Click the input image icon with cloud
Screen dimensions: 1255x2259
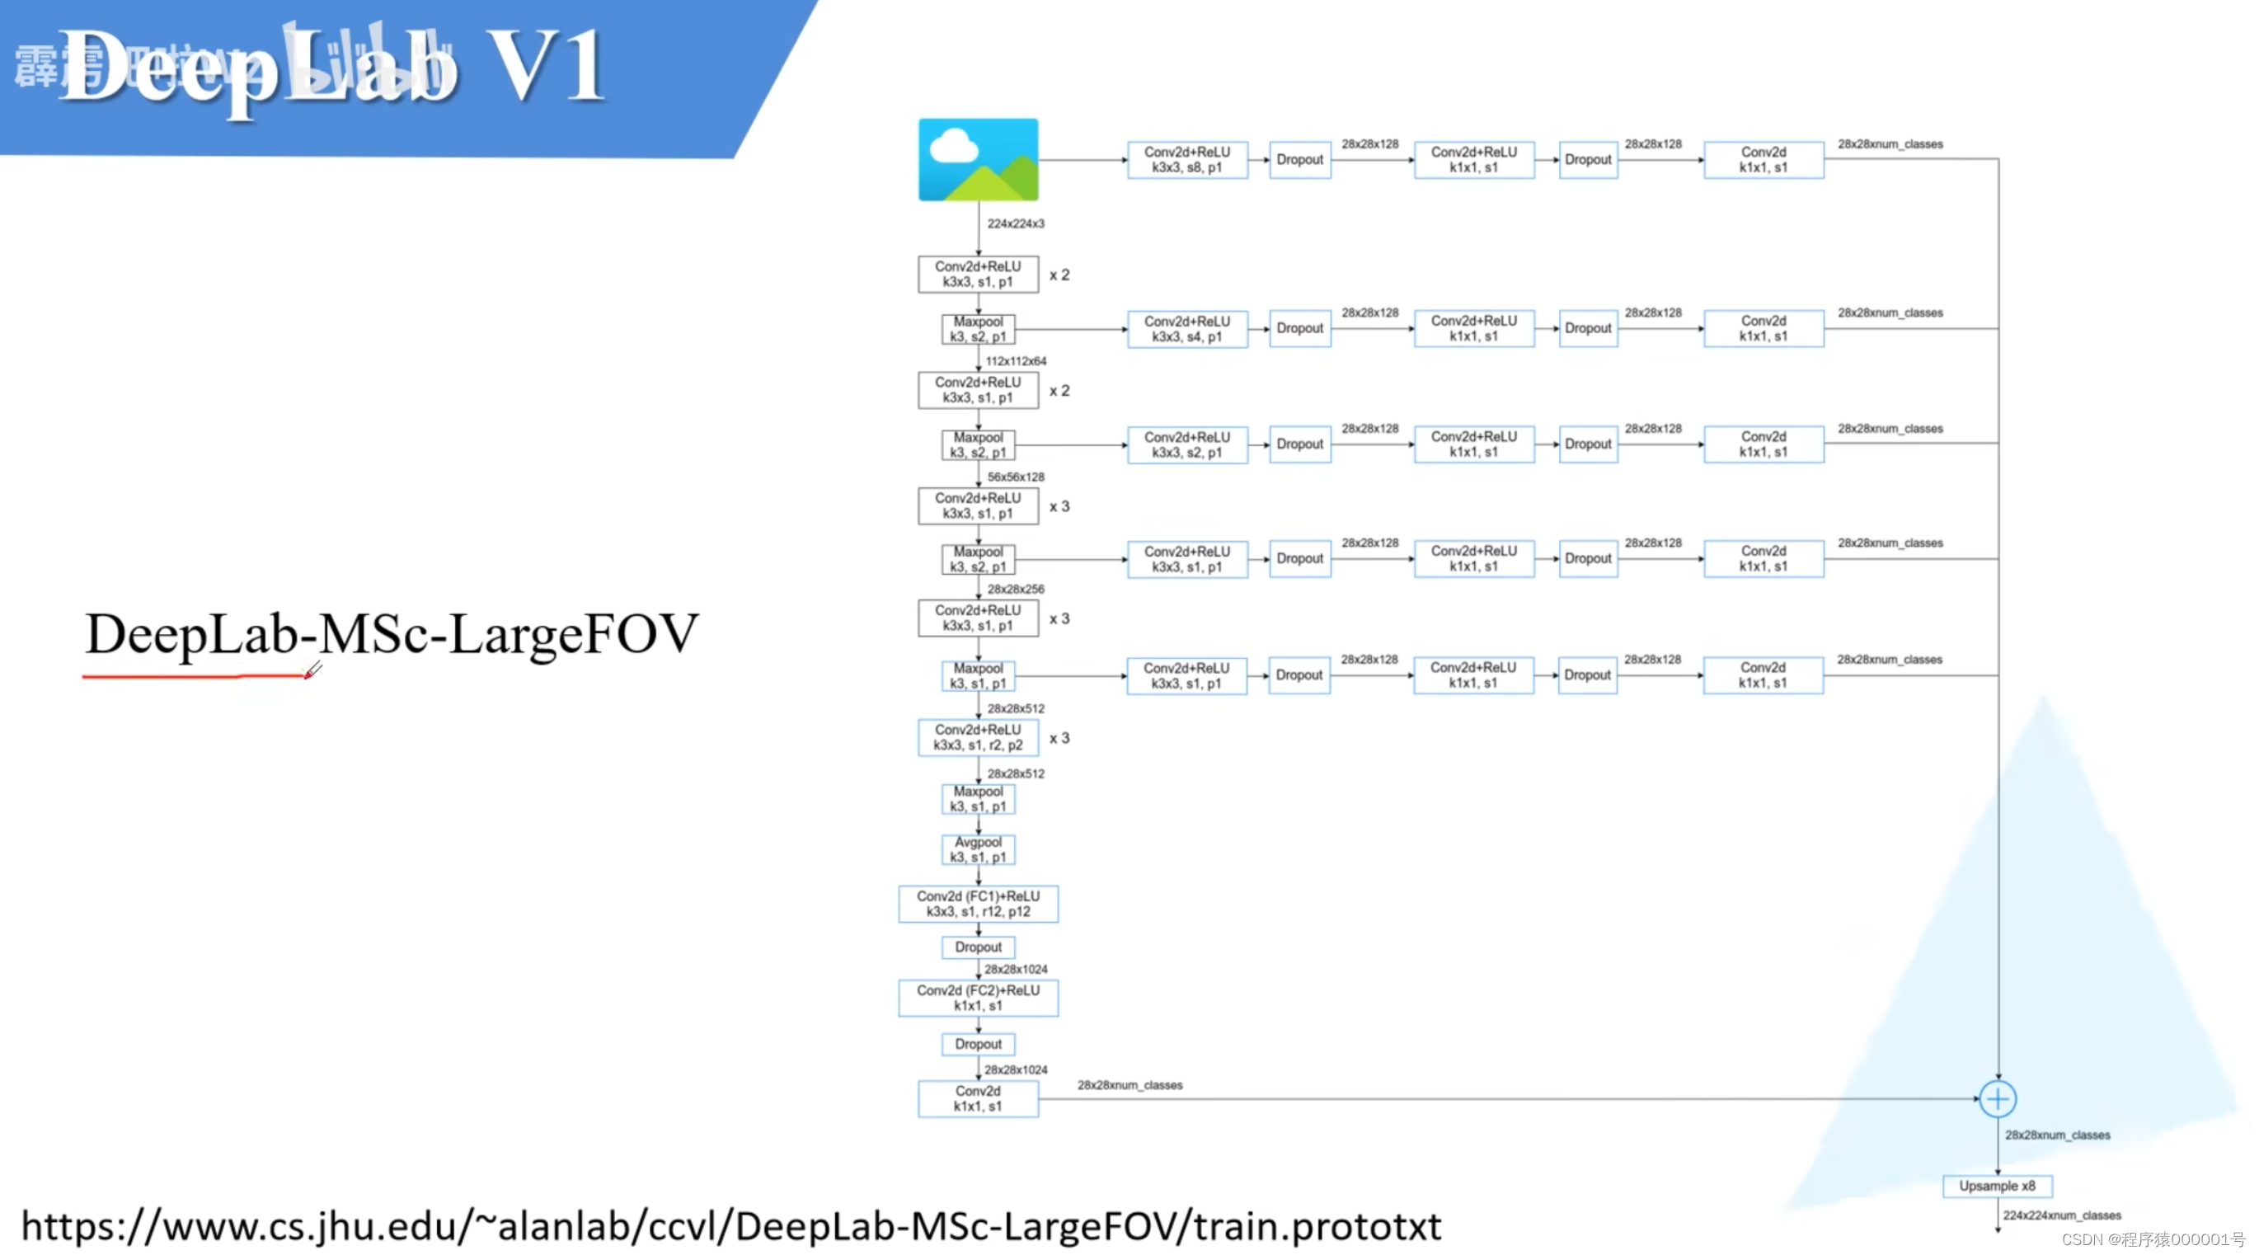(978, 160)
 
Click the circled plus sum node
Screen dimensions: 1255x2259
(1997, 1098)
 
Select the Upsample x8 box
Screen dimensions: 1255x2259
(1997, 1185)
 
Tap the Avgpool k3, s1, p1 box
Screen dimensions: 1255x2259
(978, 849)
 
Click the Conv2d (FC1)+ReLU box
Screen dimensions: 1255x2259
(978, 903)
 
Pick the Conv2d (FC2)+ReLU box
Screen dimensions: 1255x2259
(978, 997)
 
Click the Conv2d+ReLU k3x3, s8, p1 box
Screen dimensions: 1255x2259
(1186, 160)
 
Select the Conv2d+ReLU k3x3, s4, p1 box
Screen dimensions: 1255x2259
(1186, 328)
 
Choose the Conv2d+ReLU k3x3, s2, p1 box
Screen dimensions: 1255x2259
(1186, 444)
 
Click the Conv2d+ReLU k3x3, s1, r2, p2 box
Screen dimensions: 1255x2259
(978, 736)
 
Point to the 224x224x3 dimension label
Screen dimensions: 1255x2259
(1016, 223)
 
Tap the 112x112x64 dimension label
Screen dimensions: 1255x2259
(1016, 360)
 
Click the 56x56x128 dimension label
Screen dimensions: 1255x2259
(1016, 477)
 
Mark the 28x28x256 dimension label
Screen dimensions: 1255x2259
(1016, 589)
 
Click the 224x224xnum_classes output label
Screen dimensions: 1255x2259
(2061, 1215)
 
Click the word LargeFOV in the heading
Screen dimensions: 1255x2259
(575, 633)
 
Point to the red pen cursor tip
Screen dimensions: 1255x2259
(307, 676)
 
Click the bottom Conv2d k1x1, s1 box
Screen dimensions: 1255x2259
(978, 1098)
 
